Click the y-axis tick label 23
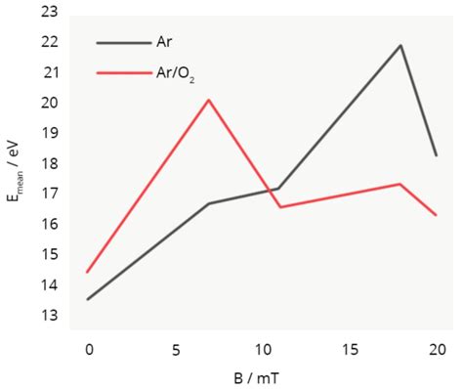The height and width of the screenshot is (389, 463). pos(48,12)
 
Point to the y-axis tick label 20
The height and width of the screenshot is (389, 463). pos(48,103)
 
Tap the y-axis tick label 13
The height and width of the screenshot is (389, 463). pos(48,316)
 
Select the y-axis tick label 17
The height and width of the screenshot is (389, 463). pos(48,194)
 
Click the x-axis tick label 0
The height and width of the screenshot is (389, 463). pos(88,349)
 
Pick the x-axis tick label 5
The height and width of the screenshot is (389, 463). pos(175,349)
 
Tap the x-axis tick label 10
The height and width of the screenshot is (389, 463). pos(262,349)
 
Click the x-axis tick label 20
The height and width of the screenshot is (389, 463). pos(437,349)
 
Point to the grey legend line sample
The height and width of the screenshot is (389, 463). pos(123,42)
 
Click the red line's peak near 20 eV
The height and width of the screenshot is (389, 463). pos(209,100)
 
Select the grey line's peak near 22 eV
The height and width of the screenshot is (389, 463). pos(400,45)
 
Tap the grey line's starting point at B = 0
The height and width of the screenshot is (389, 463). pos(88,299)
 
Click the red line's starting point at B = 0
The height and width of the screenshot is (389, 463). pos(88,272)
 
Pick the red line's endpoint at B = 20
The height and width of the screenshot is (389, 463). pos(436,215)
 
